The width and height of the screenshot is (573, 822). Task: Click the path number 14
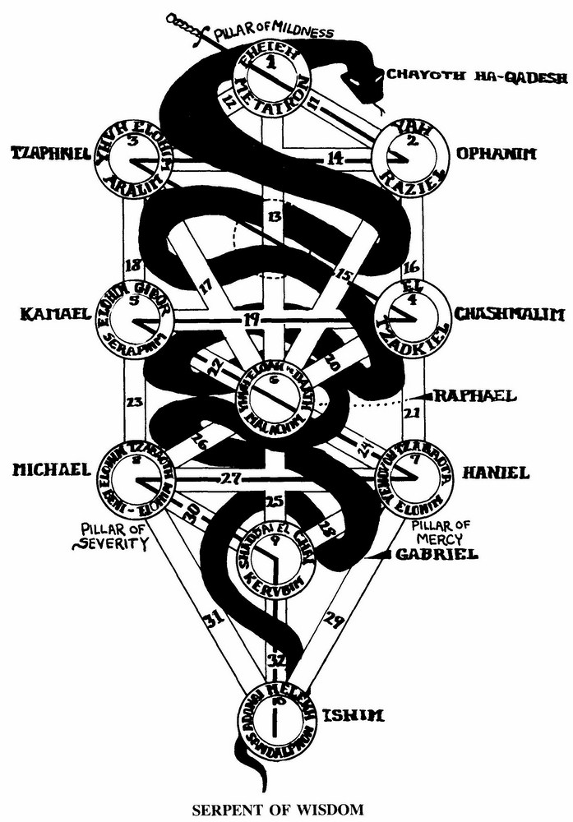(333, 159)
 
